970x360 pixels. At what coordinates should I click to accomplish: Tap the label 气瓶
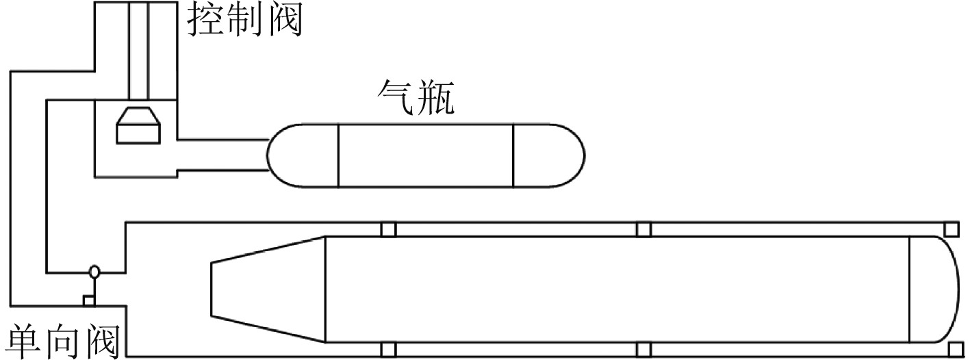pos(416,99)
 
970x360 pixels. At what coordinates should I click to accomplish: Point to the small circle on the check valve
pos(94,272)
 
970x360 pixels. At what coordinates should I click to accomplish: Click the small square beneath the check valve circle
pos(88,300)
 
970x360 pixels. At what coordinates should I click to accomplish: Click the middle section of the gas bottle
pos(425,155)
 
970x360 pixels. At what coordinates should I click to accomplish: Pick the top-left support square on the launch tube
pos(388,229)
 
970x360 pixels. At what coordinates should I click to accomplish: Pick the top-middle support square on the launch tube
pos(643,229)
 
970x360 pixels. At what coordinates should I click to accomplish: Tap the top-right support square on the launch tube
pos(951,229)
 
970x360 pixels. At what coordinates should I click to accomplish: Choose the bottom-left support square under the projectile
pos(388,349)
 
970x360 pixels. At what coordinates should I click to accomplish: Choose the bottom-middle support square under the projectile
pos(643,349)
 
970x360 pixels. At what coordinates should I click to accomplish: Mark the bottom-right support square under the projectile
pos(951,349)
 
